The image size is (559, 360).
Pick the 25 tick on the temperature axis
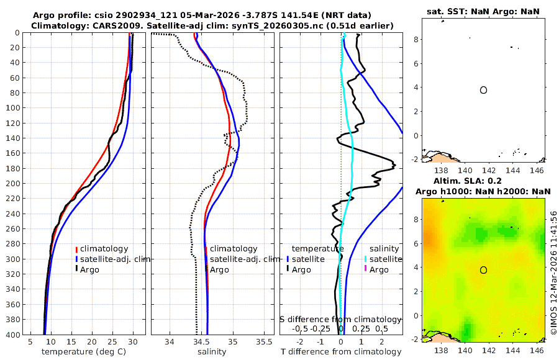click(112, 342)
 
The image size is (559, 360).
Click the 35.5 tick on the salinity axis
click(264, 342)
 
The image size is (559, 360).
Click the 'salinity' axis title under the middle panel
click(212, 352)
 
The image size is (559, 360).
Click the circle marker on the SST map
click(483, 90)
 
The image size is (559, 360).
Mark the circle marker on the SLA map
click(483, 270)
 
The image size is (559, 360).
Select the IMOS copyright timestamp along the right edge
click(553, 273)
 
